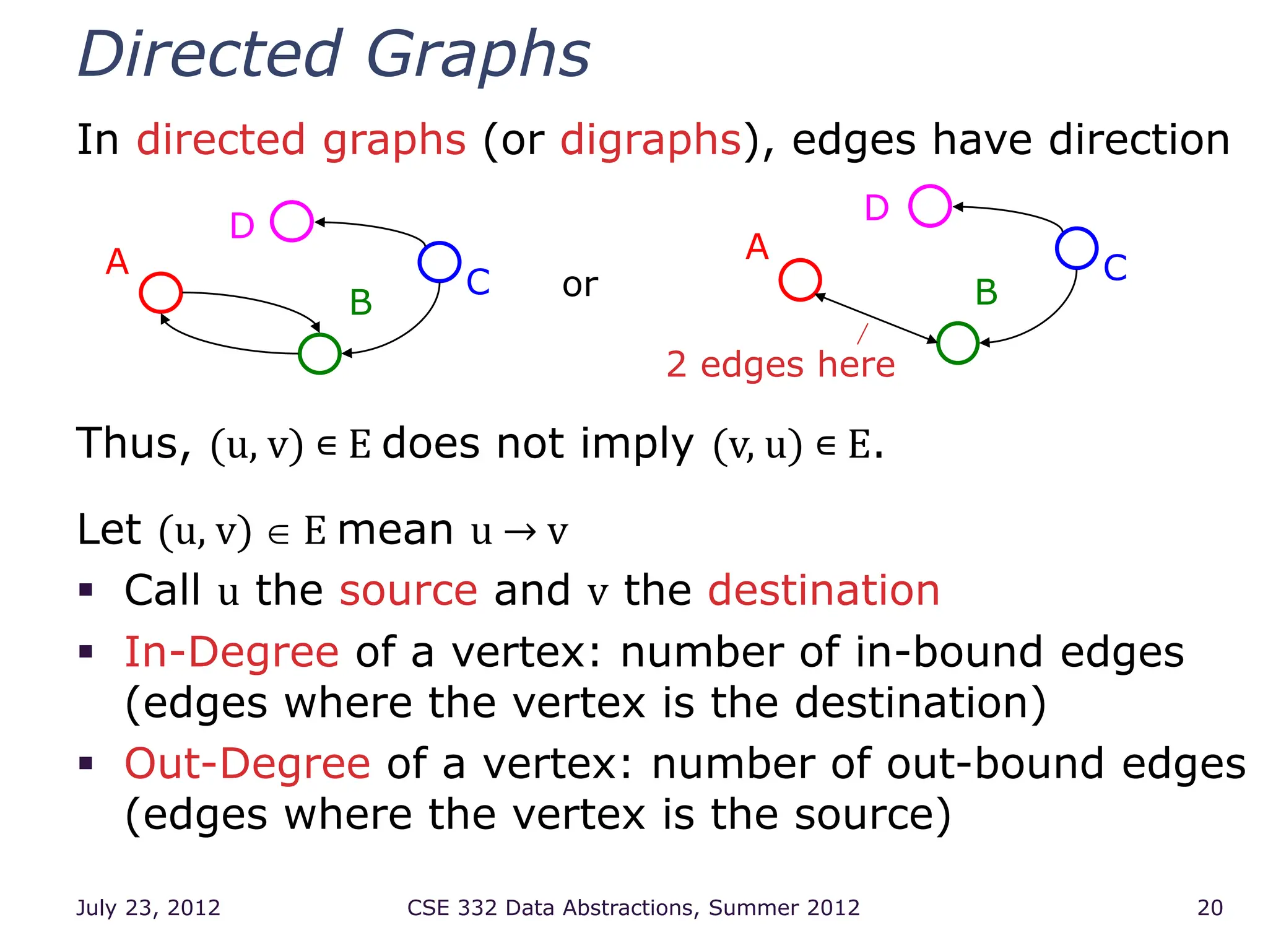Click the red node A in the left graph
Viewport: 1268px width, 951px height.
(x=161, y=293)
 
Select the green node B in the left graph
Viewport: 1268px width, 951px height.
(x=319, y=354)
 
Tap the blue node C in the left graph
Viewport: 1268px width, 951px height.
(x=439, y=262)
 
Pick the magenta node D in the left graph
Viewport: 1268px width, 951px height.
(x=292, y=221)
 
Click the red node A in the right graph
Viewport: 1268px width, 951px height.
(x=800, y=280)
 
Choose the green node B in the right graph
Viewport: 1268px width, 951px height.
(x=957, y=343)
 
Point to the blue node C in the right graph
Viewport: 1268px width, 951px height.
(x=1077, y=248)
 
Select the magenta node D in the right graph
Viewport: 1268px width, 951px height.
(x=930, y=206)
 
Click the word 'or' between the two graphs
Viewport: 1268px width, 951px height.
(x=580, y=285)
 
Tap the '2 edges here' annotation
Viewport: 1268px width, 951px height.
(x=781, y=364)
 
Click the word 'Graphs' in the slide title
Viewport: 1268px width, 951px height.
(x=478, y=56)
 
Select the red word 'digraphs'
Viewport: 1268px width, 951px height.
(x=651, y=140)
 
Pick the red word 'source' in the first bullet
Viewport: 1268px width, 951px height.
(x=409, y=590)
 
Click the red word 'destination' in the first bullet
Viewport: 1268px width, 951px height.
(x=823, y=590)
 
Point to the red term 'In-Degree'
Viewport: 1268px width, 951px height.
(x=232, y=653)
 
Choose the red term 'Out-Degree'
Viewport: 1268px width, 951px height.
(x=248, y=764)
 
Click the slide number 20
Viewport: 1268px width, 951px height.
(x=1210, y=908)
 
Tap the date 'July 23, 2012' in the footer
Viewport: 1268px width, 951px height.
(x=148, y=908)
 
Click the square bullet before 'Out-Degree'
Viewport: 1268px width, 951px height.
(x=86, y=762)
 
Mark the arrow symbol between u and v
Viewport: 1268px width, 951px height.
(x=519, y=532)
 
